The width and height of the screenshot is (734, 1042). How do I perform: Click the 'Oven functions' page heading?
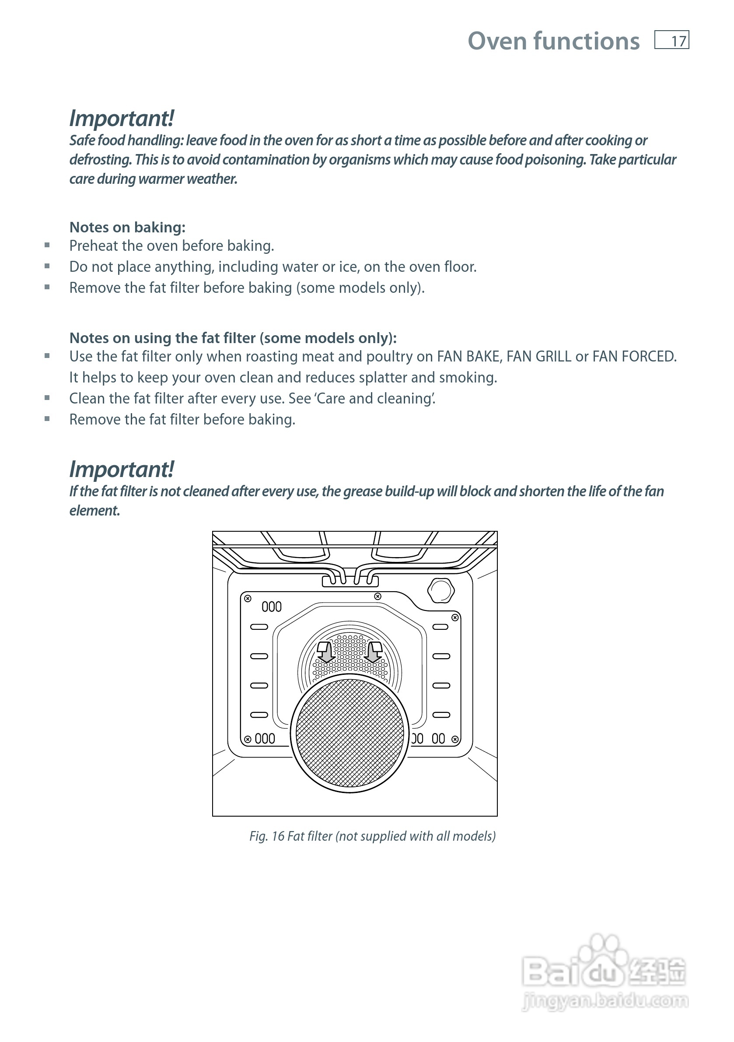click(553, 41)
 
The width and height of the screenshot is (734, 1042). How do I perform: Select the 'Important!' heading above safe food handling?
click(122, 119)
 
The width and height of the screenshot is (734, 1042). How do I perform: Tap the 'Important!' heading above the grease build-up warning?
click(122, 470)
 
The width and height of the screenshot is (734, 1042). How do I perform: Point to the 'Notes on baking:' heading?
click(127, 228)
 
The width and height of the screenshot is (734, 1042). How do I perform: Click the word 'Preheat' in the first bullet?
click(94, 246)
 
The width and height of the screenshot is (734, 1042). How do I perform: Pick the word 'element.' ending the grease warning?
click(94, 511)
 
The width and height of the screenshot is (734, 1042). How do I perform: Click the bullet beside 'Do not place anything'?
click(47, 267)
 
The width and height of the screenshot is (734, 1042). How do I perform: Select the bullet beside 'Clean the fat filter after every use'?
click(47, 398)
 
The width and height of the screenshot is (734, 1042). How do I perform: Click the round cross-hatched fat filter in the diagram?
click(350, 733)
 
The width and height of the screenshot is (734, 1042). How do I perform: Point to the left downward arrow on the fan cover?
click(325, 653)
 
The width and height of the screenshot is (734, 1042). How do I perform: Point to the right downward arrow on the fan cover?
click(374, 653)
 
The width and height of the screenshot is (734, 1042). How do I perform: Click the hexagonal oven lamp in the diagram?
click(440, 590)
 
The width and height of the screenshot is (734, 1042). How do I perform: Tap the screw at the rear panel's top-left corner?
click(248, 599)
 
